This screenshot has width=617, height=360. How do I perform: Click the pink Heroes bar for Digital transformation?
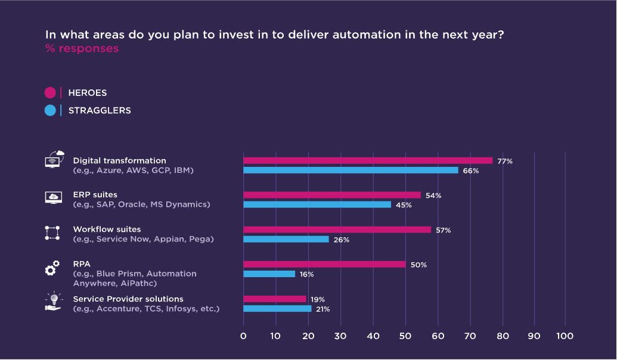[368, 160]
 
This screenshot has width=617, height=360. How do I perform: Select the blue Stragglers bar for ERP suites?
[317, 204]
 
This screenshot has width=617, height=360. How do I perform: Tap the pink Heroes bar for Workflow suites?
[337, 230]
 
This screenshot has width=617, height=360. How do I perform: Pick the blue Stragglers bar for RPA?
[269, 274]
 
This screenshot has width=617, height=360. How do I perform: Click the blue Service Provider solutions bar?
[277, 309]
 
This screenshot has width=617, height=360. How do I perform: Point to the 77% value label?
[505, 162]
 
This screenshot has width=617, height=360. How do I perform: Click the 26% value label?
[341, 240]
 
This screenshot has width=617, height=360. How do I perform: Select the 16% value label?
[306, 274]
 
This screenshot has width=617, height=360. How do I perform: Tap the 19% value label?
[318, 299]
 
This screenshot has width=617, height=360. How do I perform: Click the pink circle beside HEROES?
[50, 93]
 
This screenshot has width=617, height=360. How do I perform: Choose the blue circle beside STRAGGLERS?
[50, 110]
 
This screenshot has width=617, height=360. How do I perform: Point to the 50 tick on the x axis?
[405, 336]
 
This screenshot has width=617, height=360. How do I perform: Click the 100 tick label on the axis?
[565, 336]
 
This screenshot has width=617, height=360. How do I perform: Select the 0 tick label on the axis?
[243, 336]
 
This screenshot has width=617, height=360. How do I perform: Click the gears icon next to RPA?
[52, 268]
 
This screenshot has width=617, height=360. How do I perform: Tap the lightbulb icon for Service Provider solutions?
[54, 301]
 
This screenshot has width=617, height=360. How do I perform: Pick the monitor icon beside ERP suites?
[54, 197]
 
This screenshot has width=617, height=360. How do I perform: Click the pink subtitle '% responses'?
[82, 48]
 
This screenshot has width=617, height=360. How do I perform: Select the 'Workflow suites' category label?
[107, 229]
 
